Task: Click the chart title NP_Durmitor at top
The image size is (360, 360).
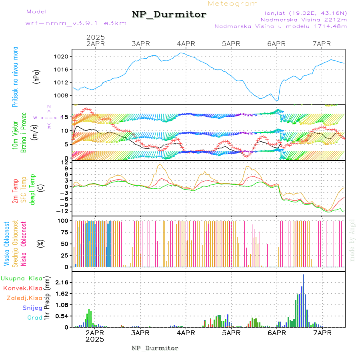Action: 169,15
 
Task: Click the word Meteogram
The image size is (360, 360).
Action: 233,4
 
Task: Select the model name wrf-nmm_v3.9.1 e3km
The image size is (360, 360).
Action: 76,23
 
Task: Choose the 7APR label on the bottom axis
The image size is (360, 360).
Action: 322,332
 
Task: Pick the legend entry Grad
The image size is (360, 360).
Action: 35,318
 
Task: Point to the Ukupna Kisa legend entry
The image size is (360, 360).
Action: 22,278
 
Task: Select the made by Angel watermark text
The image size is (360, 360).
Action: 352,240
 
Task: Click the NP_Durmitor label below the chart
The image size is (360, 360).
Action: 155,348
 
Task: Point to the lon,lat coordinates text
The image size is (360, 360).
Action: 303,13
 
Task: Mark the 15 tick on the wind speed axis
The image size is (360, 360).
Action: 63,117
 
